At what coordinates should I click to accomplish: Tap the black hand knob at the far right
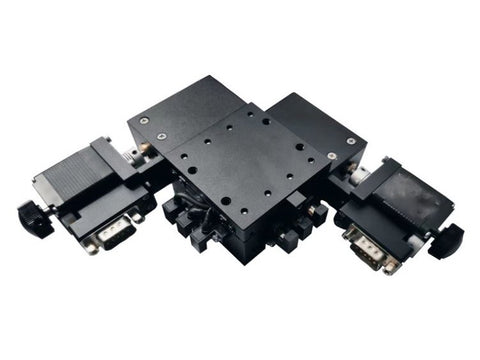click(x=448, y=241)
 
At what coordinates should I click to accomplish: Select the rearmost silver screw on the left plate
click(x=144, y=120)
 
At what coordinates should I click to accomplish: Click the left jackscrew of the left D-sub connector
click(x=91, y=244)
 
